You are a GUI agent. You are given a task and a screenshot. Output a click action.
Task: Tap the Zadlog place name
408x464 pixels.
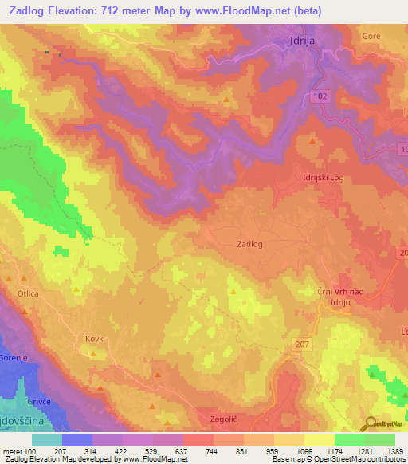250,245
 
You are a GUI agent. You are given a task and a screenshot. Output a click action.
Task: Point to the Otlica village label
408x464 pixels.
29,293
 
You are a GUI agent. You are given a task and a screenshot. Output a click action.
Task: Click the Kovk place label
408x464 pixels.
94,339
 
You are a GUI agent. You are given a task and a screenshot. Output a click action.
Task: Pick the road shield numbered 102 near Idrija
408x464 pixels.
319,96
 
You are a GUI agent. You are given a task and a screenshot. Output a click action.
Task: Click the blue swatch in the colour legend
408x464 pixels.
77,439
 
